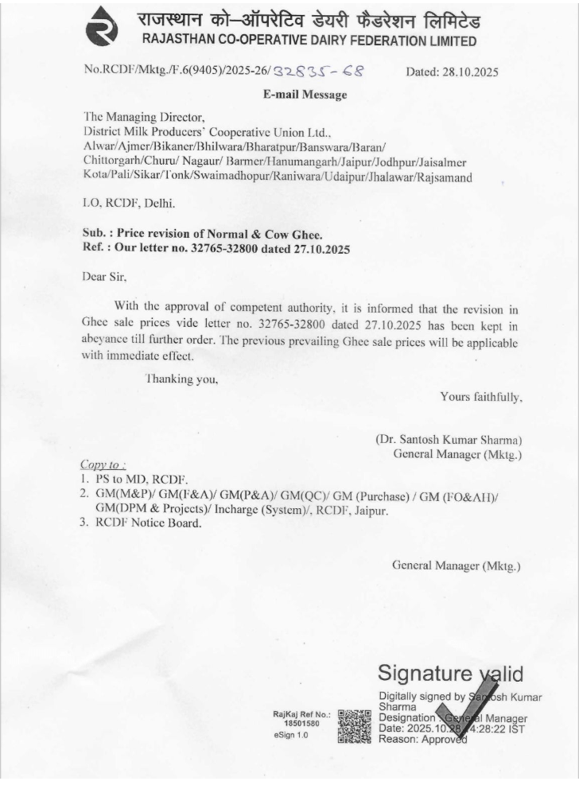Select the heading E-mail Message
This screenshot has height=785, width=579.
coord(305,95)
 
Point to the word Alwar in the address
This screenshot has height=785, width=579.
coord(99,147)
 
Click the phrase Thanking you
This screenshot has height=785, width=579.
coord(181,379)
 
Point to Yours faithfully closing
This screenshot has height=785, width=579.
coord(480,395)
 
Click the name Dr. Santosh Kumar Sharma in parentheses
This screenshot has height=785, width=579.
coord(449,439)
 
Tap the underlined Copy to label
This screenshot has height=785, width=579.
coord(103,464)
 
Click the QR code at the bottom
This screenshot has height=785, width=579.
coord(355,726)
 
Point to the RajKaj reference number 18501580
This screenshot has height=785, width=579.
coord(301,724)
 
